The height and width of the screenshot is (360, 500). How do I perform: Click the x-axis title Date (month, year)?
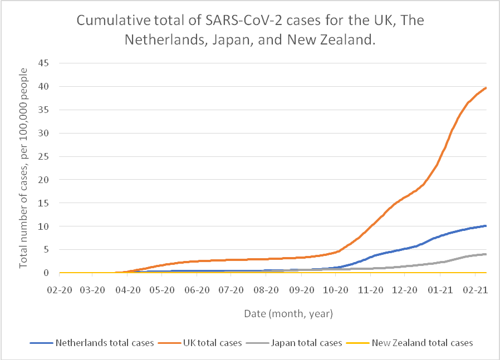[x=288, y=314]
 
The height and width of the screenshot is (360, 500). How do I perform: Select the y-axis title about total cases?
[x=23, y=167]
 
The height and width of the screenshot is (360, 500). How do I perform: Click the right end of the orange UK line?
[x=486, y=87]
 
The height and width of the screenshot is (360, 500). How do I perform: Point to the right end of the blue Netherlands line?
[x=486, y=225]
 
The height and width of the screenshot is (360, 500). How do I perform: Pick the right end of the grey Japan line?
[x=486, y=254]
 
